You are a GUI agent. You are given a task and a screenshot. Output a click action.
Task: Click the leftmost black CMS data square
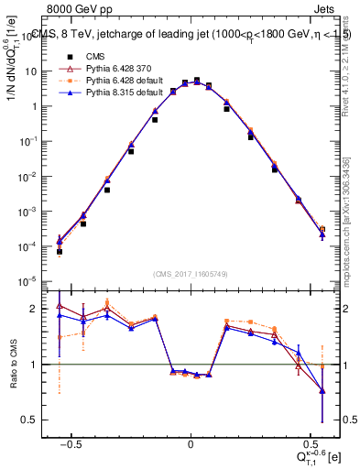pyautogui.click(x=59, y=251)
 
